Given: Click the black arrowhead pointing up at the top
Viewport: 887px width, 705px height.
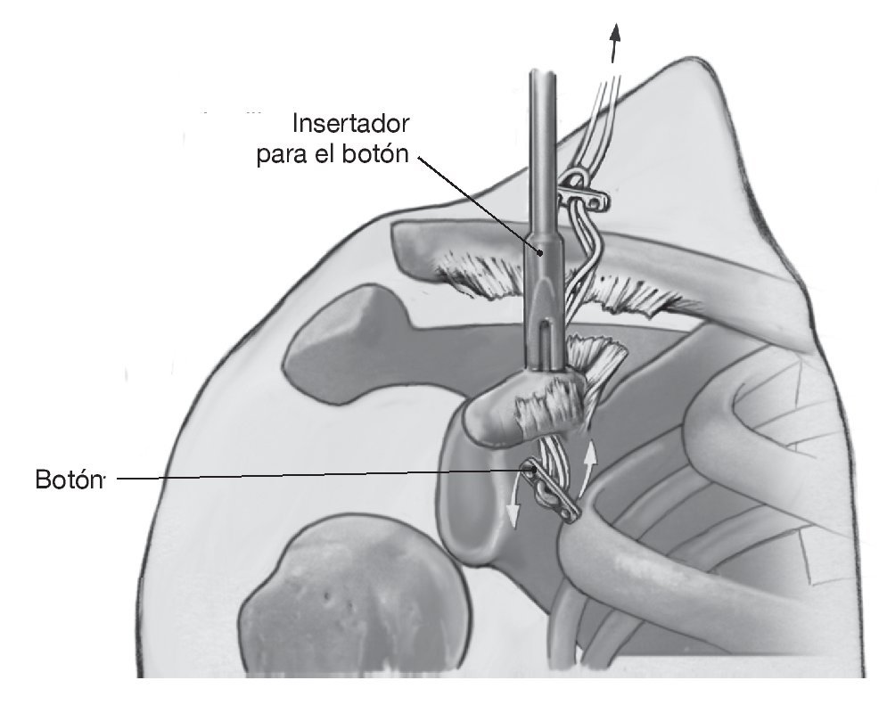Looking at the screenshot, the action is click(x=614, y=36).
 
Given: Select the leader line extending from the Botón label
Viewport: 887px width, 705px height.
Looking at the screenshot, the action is click(x=312, y=479).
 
